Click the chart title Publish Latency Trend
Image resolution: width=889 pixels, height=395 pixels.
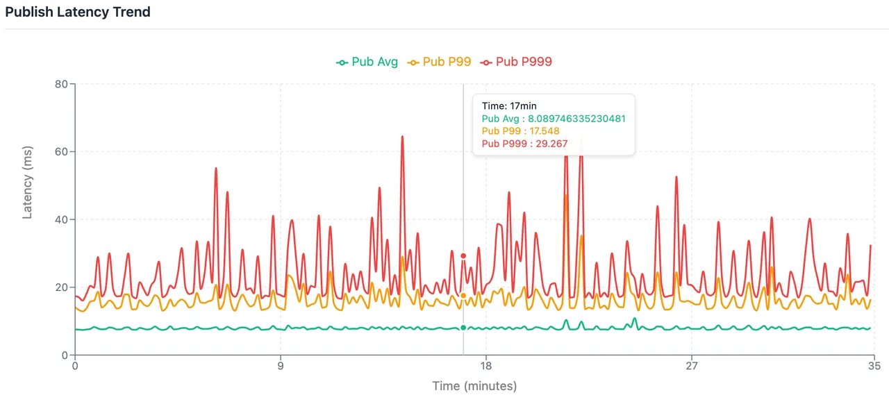(x=78, y=12)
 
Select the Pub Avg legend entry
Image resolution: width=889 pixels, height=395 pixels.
(x=367, y=62)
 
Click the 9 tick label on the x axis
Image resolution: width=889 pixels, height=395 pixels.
(x=281, y=366)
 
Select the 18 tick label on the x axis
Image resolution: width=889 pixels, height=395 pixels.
(x=486, y=366)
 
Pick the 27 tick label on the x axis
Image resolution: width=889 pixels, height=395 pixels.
(x=692, y=366)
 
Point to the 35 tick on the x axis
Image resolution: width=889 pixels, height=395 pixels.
(x=874, y=366)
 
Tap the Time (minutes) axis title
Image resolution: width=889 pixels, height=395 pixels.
(x=474, y=386)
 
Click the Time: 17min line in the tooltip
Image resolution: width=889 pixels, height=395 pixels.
(x=509, y=106)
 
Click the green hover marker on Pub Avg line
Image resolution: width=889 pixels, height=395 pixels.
(x=463, y=328)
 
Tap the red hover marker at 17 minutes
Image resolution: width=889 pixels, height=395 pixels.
(x=463, y=255)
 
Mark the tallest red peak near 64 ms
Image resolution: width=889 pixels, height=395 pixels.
(x=402, y=137)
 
